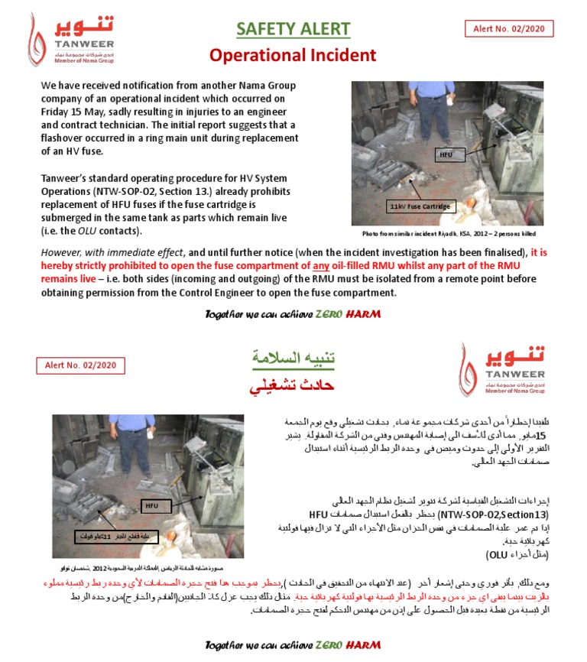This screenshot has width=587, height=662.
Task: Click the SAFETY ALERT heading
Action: point(293,29)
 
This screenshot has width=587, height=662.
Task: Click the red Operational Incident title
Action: point(293,55)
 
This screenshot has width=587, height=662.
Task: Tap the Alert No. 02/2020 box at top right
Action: point(509,28)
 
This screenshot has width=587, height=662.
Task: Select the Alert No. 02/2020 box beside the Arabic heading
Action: point(80,365)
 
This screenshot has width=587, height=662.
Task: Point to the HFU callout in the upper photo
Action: point(446,154)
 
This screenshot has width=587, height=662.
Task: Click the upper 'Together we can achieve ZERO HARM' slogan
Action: point(293,314)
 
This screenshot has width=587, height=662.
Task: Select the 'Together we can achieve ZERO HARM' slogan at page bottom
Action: point(293,645)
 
